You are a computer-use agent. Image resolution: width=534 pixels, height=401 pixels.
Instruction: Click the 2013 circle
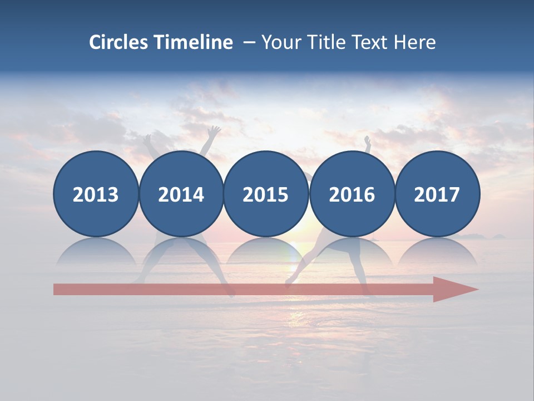click(96, 194)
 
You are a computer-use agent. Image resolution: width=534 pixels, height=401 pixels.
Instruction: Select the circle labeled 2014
click(181, 194)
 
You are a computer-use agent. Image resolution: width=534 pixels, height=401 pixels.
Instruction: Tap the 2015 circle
click(266, 194)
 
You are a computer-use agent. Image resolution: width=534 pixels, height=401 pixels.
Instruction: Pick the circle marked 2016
click(352, 194)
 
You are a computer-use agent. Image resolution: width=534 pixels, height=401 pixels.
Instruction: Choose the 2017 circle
click(437, 194)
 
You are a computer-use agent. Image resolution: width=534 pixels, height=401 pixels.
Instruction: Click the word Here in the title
click(415, 42)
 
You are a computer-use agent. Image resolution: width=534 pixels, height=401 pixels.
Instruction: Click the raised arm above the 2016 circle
click(367, 144)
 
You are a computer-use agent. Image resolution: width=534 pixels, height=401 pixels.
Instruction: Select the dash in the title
click(249, 43)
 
